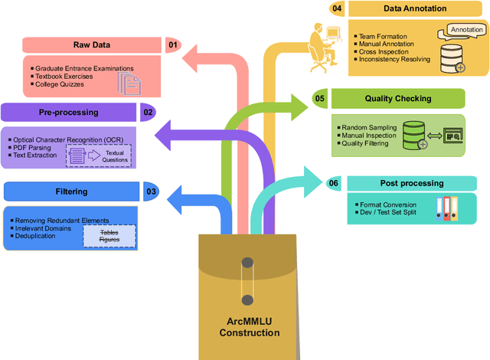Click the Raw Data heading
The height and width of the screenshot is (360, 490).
click(x=92, y=45)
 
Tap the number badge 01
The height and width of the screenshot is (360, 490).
click(x=173, y=45)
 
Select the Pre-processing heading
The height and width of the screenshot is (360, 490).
click(x=68, y=113)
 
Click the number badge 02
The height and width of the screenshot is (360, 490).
click(x=148, y=113)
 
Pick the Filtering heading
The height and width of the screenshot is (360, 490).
click(x=72, y=191)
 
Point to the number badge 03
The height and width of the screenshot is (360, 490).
click(x=152, y=191)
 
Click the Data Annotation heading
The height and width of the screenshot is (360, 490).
click(x=414, y=9)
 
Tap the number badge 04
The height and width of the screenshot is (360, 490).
click(x=337, y=9)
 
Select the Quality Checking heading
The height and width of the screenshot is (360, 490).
click(x=398, y=98)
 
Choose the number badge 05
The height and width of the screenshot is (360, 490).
click(x=319, y=98)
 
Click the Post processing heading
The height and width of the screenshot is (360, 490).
click(x=411, y=184)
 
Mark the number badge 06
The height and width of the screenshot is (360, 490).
click(x=333, y=184)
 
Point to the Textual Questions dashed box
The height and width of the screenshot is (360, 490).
click(x=114, y=156)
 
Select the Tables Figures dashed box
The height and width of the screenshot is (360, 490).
click(x=109, y=236)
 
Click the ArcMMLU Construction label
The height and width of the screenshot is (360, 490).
click(x=250, y=327)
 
